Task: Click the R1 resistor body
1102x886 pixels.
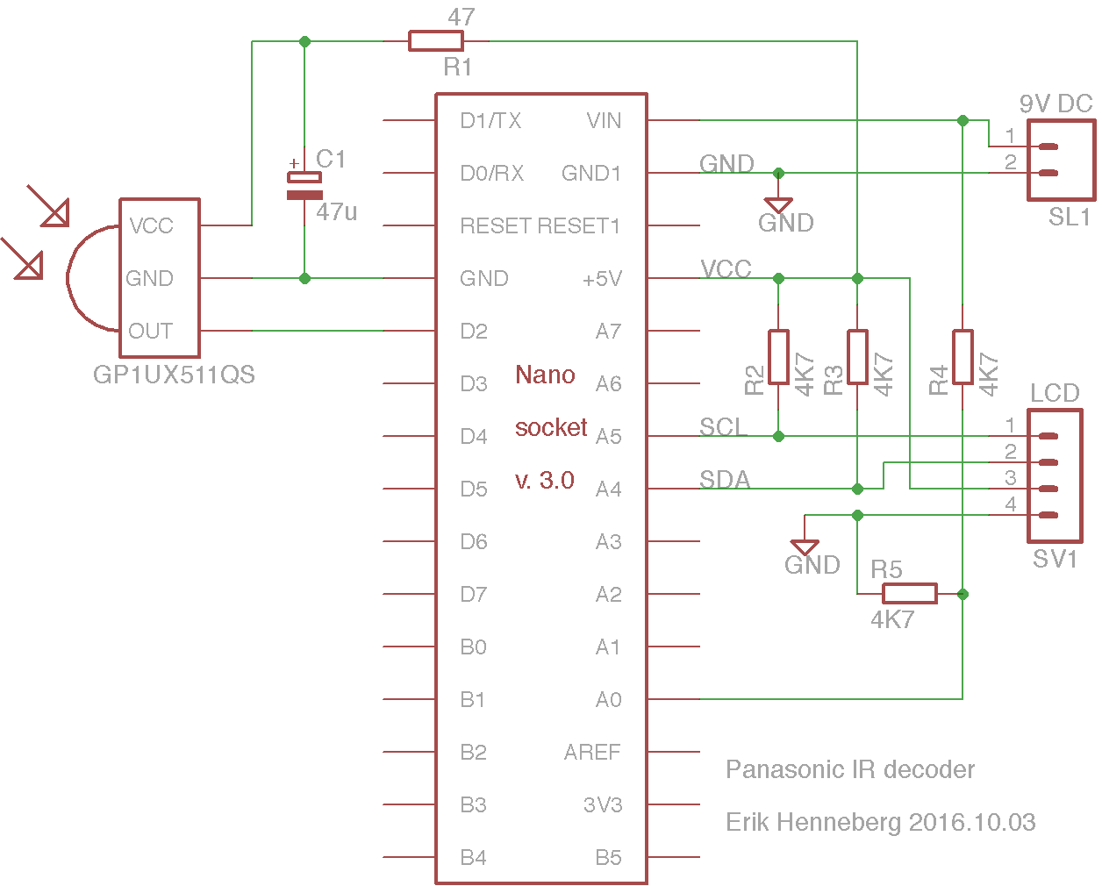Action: coord(436,41)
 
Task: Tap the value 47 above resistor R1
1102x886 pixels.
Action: coord(461,18)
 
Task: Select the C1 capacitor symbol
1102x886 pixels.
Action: coord(304,186)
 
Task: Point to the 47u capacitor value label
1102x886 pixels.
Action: coord(336,211)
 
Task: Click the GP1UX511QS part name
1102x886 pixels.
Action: coord(174,375)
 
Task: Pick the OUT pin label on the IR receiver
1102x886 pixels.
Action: coord(151,331)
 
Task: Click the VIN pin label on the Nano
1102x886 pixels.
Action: coord(604,121)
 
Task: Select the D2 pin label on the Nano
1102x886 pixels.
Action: coord(474,332)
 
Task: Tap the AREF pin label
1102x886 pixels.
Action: coord(592,753)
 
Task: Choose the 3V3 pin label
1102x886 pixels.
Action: coord(603,805)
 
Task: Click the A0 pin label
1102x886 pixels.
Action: coord(608,699)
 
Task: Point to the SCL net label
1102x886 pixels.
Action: coord(722,426)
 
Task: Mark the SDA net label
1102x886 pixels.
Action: coord(725,479)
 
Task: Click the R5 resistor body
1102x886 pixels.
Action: coord(910,594)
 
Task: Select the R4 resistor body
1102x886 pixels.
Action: coord(962,357)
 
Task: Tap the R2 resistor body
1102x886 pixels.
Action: coord(778,357)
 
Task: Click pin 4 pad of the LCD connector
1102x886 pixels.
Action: coord(1048,515)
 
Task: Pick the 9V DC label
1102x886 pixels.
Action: coord(1055,104)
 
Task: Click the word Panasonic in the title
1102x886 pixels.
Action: coord(785,769)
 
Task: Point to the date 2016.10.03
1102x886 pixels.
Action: coord(972,823)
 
